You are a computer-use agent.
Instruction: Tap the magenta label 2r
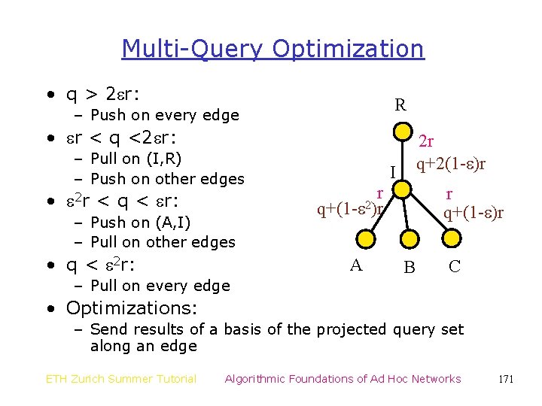[426, 141]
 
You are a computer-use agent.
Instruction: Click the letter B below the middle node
[409, 267]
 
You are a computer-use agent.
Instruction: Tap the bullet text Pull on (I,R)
[135, 158]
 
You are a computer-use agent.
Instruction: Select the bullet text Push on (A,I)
[140, 222]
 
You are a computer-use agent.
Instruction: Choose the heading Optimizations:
[132, 308]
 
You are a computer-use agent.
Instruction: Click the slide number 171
[506, 379]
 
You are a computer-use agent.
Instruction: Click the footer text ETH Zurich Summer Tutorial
[121, 379]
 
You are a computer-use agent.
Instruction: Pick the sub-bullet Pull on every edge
[160, 285]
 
